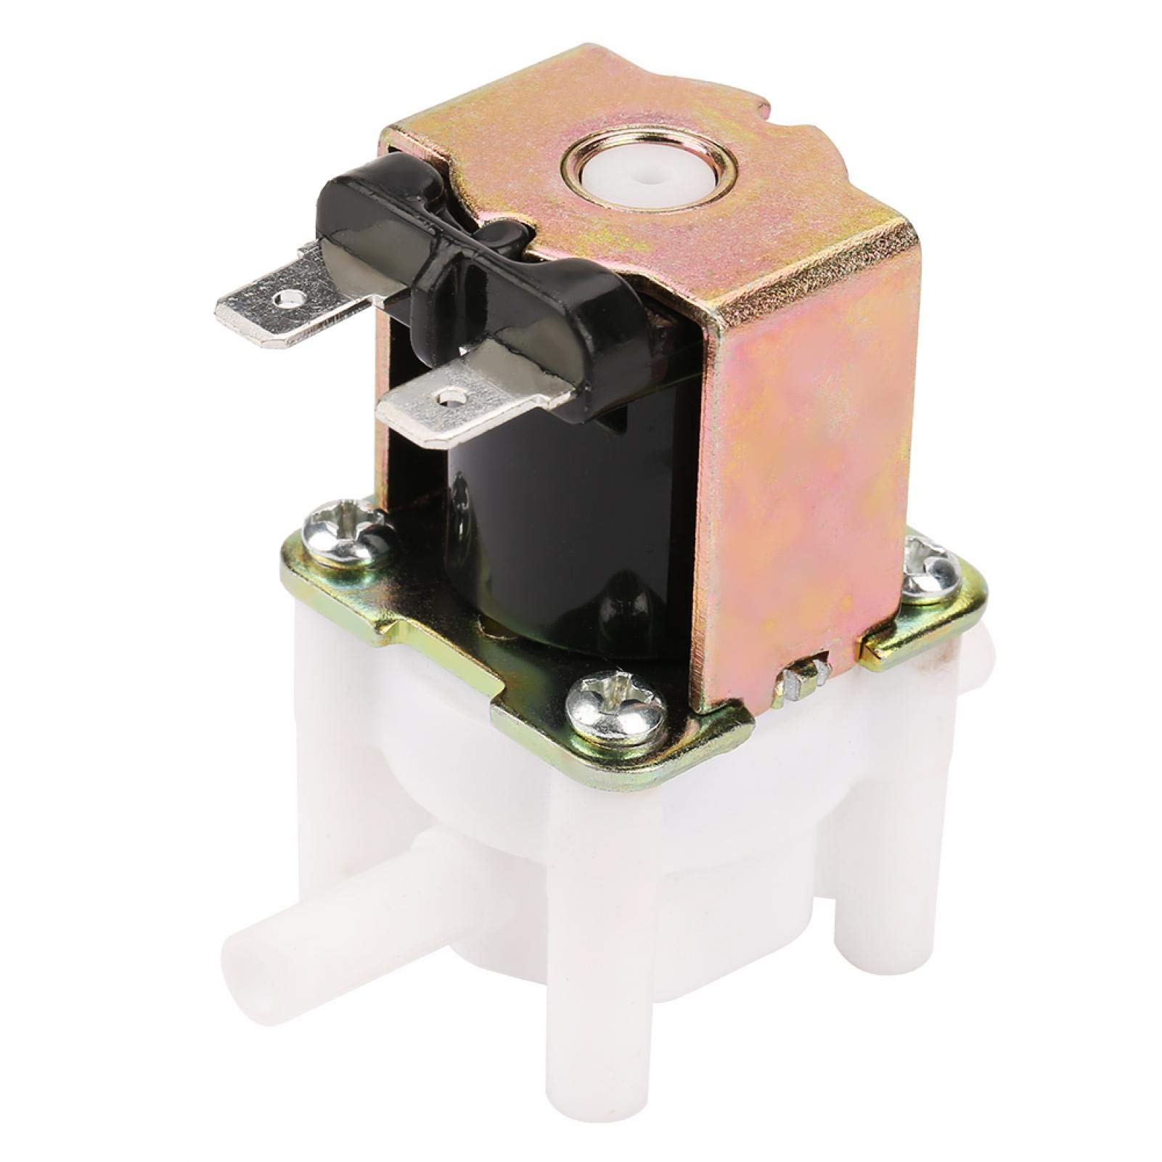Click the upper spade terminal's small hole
coord(292,297)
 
